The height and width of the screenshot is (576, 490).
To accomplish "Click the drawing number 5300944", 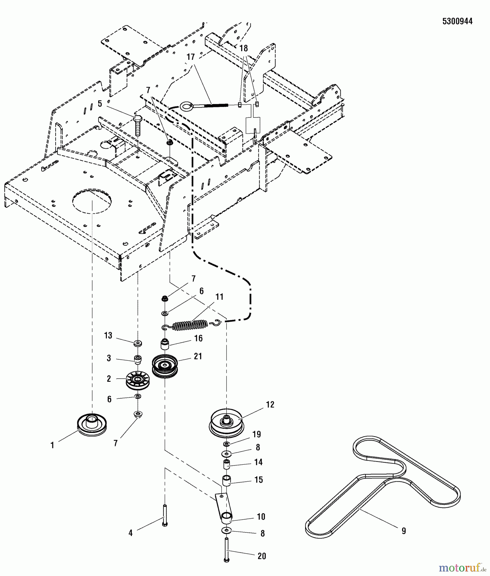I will [457, 21].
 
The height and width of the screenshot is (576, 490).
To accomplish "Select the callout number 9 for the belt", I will [404, 531].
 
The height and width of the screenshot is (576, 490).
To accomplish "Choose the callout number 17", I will [191, 57].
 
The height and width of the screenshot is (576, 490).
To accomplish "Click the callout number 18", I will [244, 48].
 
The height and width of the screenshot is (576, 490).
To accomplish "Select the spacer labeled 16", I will [164, 345].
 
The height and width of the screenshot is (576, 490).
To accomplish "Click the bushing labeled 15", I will [226, 481].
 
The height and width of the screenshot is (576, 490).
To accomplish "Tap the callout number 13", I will [108, 335].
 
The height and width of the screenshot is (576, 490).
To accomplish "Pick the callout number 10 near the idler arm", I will [261, 516].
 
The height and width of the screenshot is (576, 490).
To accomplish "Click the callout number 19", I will [257, 434].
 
